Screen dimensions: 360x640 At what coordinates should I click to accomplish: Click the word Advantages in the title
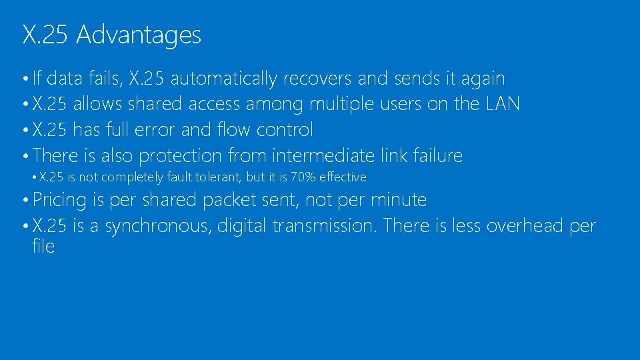point(139,35)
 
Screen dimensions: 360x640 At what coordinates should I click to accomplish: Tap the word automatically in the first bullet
point(223,79)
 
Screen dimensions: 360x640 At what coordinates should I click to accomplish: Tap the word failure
point(437,155)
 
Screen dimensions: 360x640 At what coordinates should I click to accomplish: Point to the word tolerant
point(216,177)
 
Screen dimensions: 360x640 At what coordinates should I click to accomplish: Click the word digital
point(243,227)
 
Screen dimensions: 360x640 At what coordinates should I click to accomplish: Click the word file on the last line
point(43,247)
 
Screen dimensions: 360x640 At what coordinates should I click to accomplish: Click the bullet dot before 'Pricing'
point(24,201)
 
